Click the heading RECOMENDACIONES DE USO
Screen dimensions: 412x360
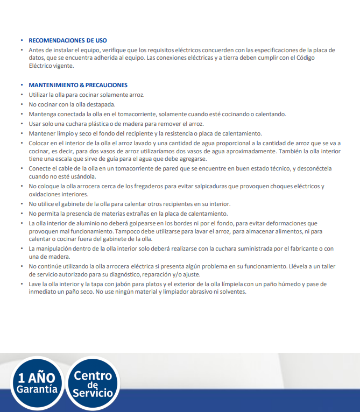point(67,40)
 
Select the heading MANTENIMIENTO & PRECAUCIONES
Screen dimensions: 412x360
point(77,85)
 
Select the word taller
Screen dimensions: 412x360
point(325,266)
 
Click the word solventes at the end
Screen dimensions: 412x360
point(232,292)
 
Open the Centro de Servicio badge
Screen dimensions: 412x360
point(93,384)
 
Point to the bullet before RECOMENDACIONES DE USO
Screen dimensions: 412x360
point(22,41)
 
